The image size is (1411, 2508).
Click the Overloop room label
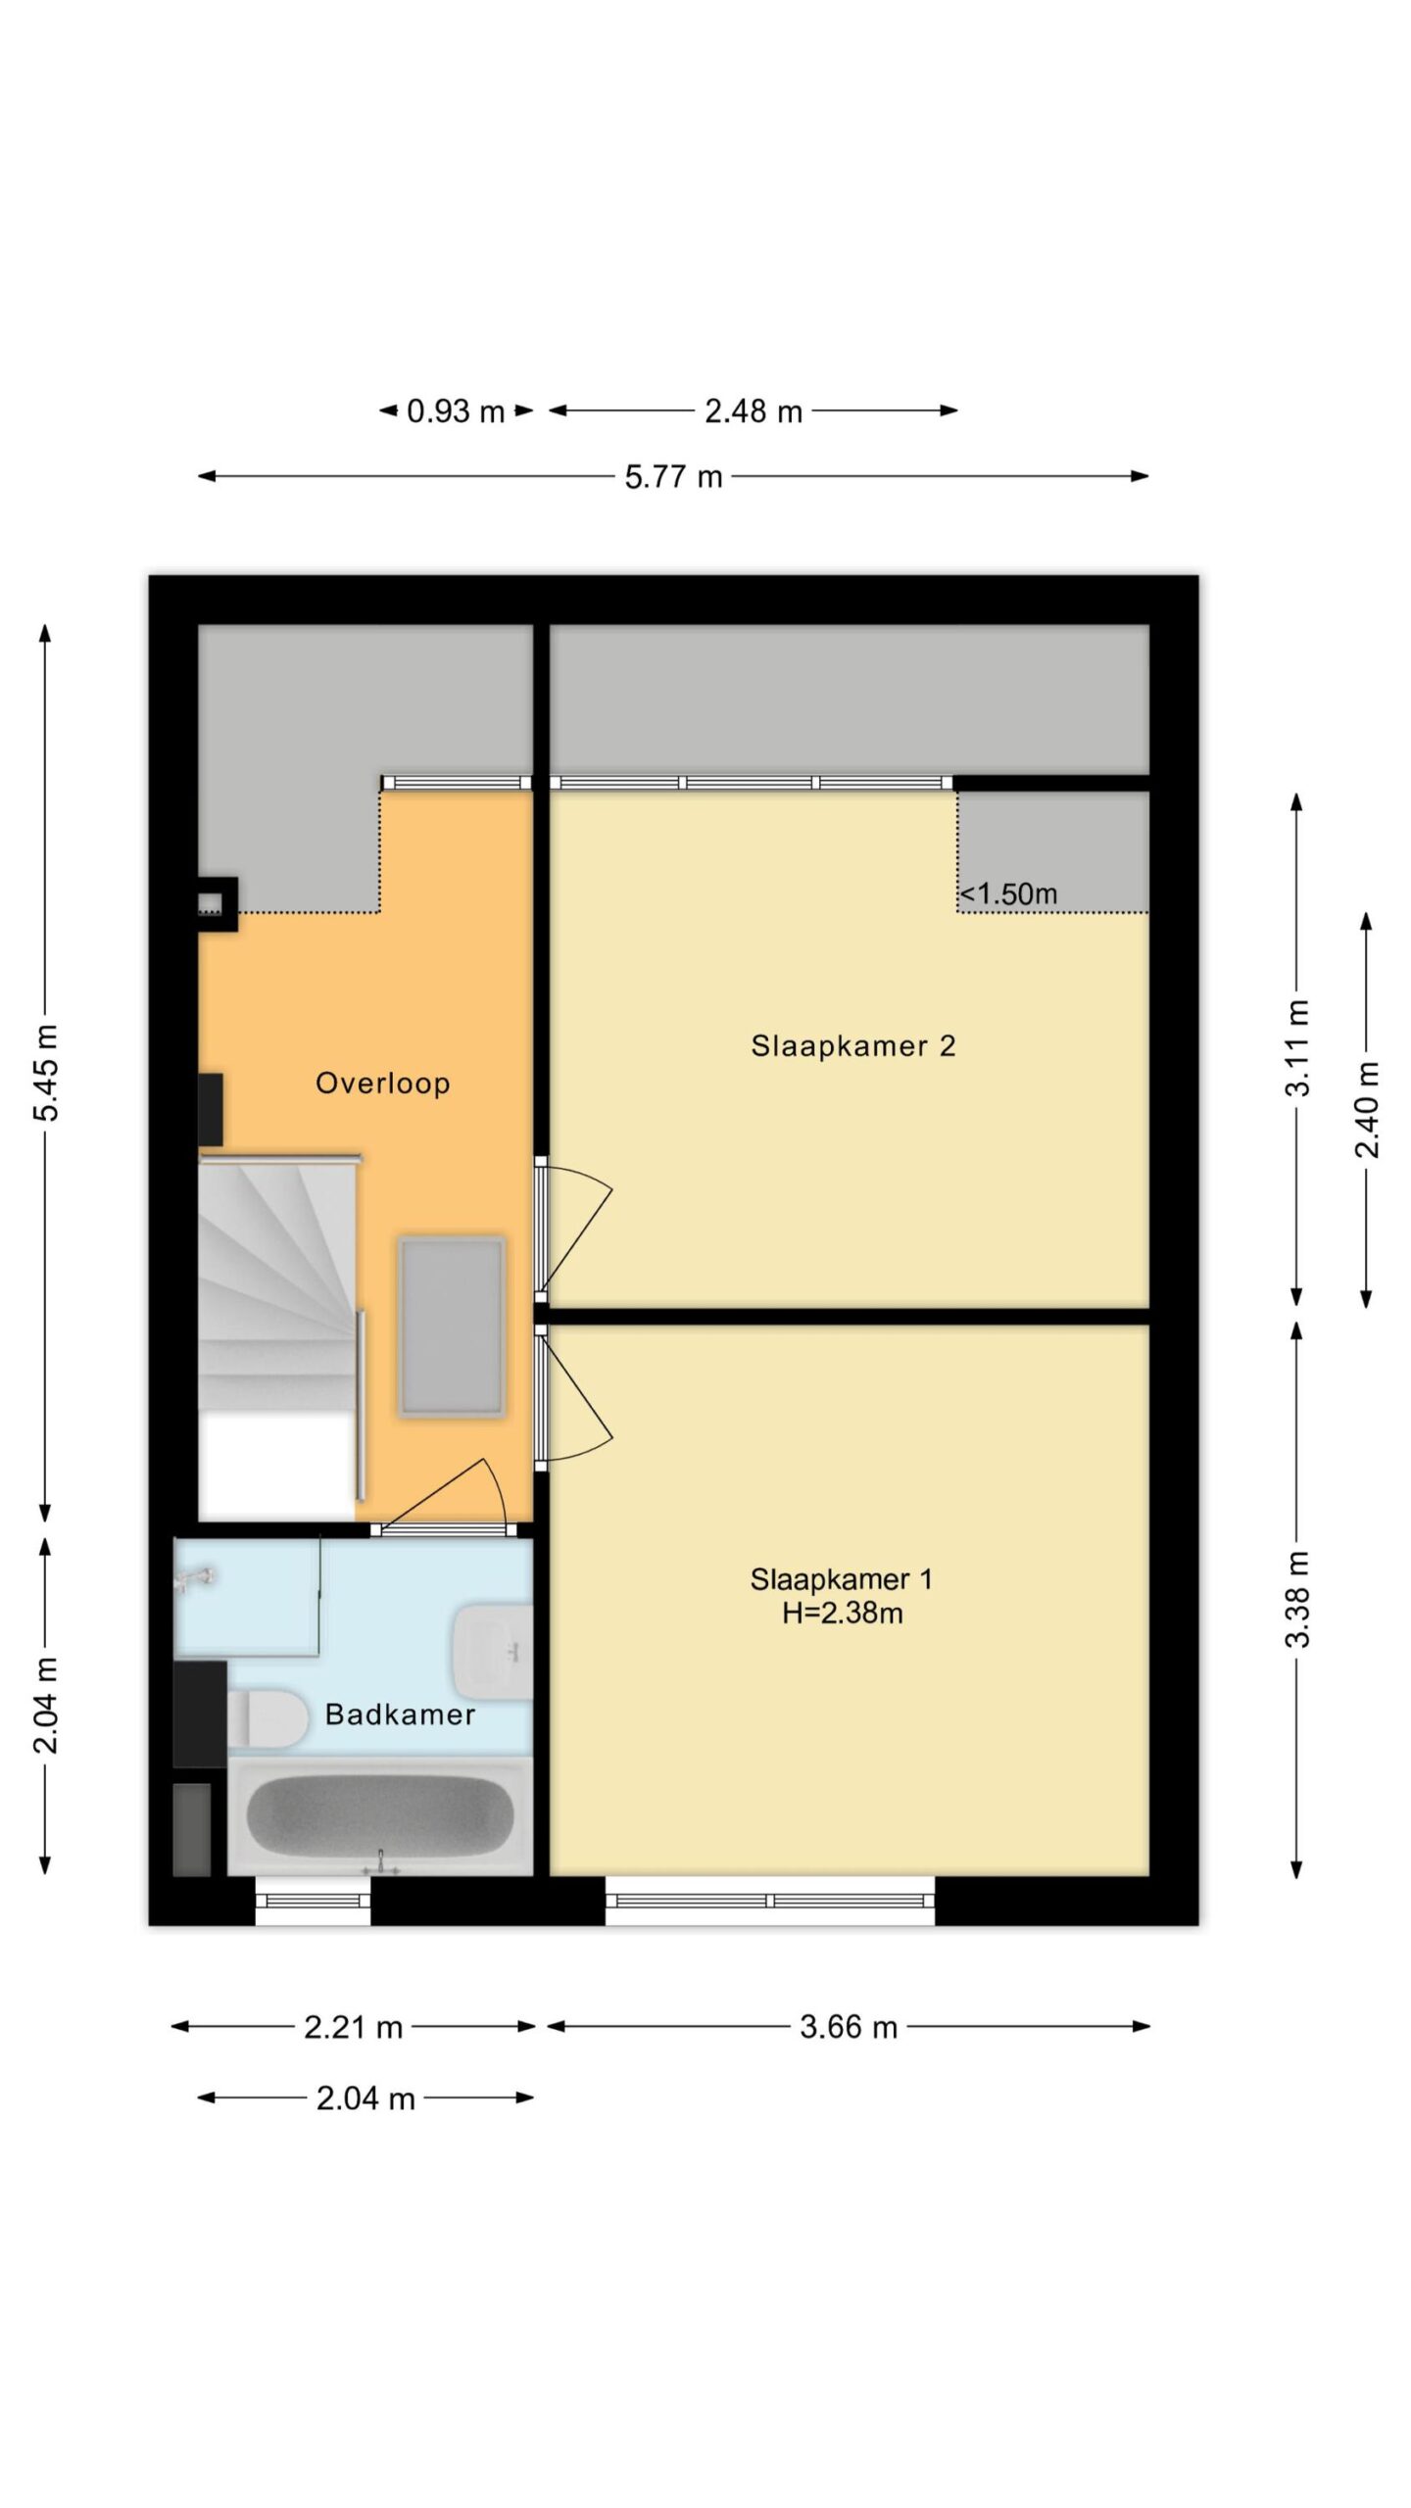(382, 1083)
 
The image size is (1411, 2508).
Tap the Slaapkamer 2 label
(852, 1045)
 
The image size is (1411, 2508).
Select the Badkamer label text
(400, 1713)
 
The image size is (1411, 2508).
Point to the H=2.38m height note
(842, 1613)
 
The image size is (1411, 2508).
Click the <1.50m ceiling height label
(1008, 893)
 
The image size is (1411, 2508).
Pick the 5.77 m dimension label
(673, 477)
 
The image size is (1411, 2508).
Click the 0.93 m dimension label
(456, 411)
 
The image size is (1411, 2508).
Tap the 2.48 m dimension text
(754, 411)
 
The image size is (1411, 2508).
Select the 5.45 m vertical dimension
(46, 1073)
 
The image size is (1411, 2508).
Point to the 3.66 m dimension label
(849, 2026)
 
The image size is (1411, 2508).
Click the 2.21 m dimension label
(353, 2026)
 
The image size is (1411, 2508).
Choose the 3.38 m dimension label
(1297, 1600)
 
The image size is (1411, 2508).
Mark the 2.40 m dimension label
(1367, 1110)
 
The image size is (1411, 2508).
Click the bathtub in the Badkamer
(380, 1815)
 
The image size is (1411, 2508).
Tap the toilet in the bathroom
(267, 1718)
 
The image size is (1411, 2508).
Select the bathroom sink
(493, 1652)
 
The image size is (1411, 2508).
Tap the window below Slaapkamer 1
(770, 1901)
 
